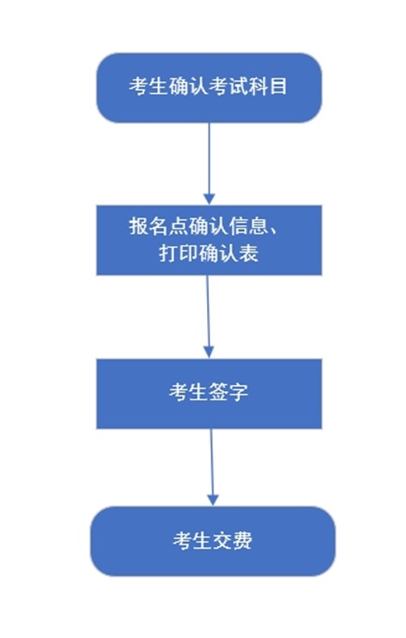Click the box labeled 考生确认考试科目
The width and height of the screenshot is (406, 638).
209,88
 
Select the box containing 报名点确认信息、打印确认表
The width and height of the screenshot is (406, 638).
209,240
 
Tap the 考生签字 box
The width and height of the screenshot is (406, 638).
209,393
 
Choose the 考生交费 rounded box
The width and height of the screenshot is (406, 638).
213,542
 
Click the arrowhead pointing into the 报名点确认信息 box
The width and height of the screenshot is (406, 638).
209,199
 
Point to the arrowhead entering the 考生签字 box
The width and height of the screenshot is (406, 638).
209,353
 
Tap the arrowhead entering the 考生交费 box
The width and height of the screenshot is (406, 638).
213,500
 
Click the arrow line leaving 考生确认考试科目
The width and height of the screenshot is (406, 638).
209,158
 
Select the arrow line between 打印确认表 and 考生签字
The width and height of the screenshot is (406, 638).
208,311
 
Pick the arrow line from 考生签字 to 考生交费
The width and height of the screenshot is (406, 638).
212,462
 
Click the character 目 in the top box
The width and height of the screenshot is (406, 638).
279,86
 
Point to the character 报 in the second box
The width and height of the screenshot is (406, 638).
139,226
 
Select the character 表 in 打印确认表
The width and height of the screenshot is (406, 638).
248,254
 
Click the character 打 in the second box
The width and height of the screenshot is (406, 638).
168,254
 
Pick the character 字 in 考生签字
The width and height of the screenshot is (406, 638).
239,392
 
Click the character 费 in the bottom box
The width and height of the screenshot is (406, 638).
243,541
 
